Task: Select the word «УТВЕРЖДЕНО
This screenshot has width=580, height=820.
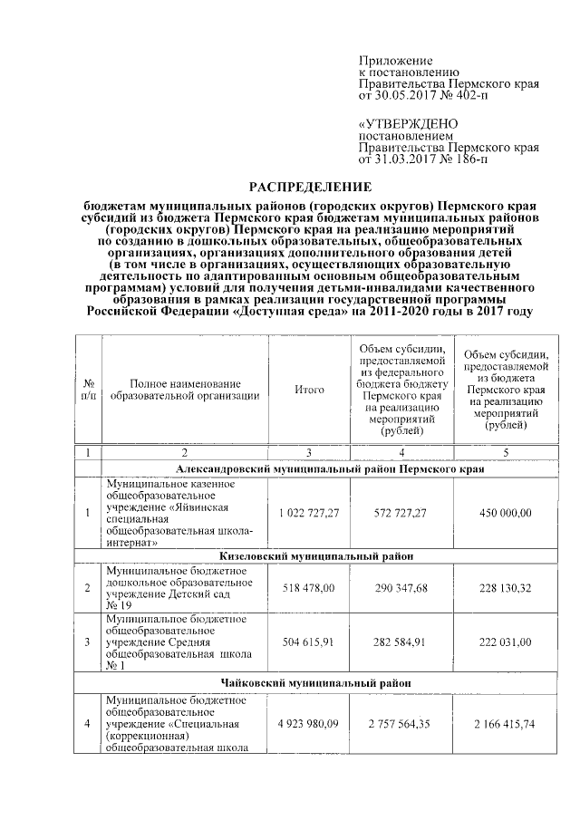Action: click(408, 123)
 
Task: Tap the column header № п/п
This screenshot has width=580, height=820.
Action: click(87, 389)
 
